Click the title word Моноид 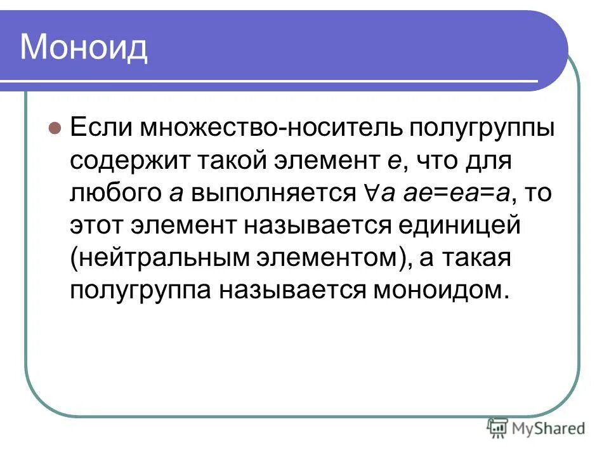point(84,48)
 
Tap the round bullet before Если point(55,127)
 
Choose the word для point(488,161)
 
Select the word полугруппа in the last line point(141,290)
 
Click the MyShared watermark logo point(536,429)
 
